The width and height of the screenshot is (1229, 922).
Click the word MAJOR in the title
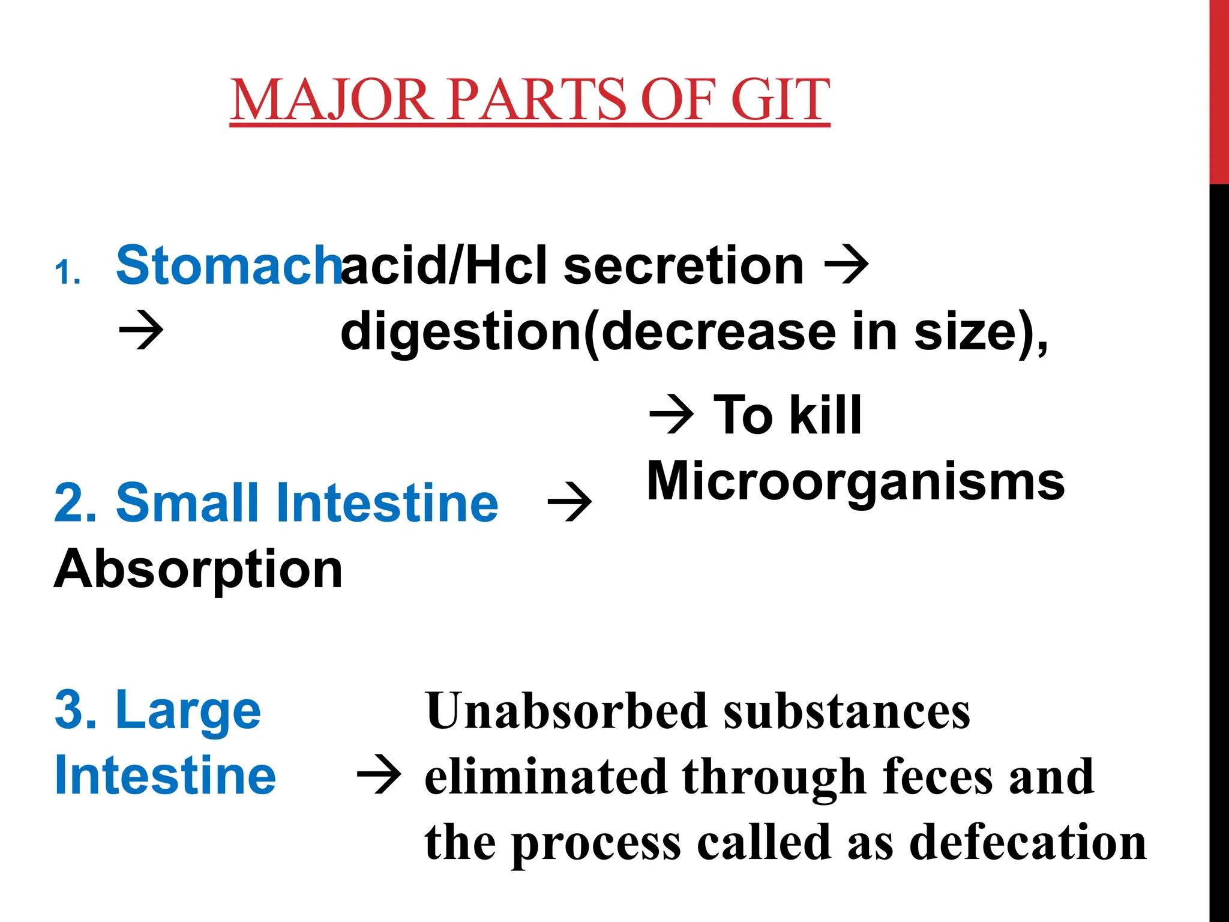click(332, 100)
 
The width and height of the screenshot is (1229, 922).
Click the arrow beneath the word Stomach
click(142, 330)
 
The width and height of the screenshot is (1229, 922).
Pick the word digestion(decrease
click(588, 332)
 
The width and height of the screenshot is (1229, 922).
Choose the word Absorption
click(199, 569)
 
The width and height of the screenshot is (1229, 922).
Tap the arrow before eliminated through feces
click(379, 776)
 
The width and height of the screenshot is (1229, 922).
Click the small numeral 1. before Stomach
click(67, 273)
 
